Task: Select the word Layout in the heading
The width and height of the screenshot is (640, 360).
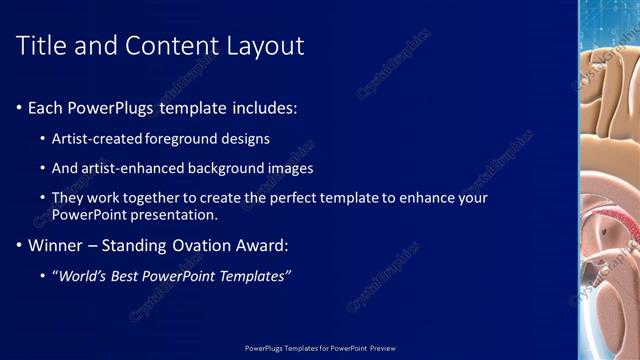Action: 261,45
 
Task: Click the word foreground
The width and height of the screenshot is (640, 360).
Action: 187,138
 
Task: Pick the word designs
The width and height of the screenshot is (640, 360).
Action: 246,138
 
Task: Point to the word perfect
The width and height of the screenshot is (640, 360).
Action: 290,198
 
